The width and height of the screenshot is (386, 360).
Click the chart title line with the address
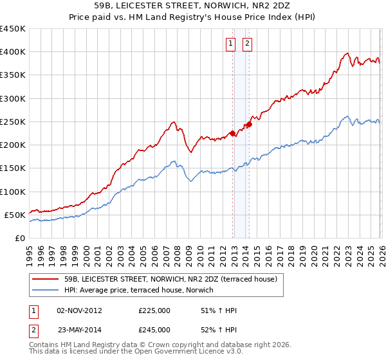click(x=193, y=6)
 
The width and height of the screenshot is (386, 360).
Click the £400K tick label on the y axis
click(x=13, y=52)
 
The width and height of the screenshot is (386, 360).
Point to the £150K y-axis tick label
click(x=13, y=168)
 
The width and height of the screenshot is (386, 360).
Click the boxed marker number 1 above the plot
click(x=230, y=44)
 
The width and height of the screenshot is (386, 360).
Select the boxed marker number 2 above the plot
click(x=247, y=44)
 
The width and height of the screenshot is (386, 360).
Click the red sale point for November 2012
click(x=232, y=134)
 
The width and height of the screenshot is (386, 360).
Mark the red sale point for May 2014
click(x=249, y=125)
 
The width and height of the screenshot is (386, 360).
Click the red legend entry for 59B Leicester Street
click(x=170, y=279)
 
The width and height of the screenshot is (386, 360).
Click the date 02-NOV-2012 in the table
click(x=79, y=310)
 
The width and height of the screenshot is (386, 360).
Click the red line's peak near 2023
click(x=347, y=53)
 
